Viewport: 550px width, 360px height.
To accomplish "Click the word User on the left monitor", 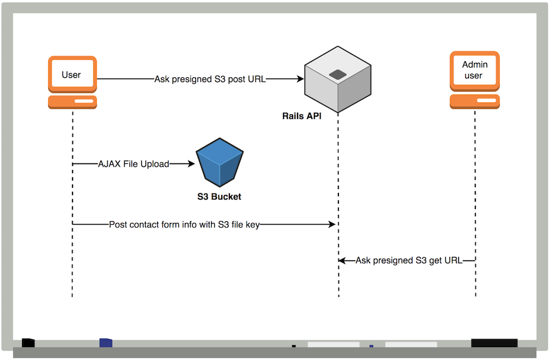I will point(71,75).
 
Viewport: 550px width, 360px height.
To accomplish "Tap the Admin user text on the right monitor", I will point(475,70).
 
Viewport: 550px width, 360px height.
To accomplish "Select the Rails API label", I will point(302,116).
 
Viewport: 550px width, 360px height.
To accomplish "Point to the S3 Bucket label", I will point(219,197).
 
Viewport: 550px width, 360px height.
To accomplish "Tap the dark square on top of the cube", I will point(337,75).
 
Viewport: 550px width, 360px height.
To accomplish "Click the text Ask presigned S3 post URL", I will point(210,79).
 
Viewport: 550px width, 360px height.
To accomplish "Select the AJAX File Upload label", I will point(133,164).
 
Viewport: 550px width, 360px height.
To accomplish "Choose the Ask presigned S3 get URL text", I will point(409,261).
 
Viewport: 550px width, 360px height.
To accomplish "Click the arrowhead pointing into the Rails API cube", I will point(300,79).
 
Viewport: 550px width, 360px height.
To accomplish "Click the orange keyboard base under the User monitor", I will point(72,102).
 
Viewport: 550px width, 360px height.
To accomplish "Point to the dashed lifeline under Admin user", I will point(475,204).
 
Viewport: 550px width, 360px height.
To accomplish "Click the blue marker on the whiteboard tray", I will point(106,342).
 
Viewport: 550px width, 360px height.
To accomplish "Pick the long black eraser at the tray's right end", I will point(494,343).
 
